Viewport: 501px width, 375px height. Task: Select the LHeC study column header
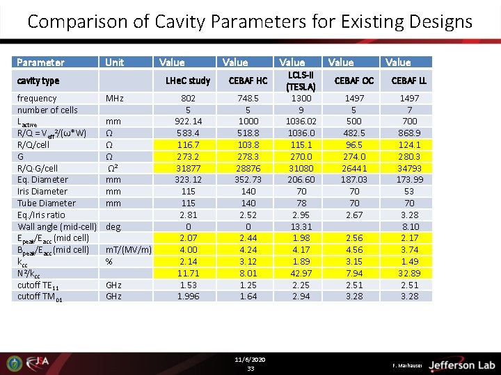188,81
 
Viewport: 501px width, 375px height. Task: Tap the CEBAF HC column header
248,81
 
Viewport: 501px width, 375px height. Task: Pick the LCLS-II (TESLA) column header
301,81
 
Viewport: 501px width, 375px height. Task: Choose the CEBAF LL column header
408,81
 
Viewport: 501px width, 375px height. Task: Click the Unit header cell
114,62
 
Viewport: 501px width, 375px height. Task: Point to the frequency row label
37,99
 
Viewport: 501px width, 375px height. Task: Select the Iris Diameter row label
42,191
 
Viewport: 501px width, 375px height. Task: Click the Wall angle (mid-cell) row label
57,226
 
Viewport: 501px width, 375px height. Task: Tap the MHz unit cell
116,99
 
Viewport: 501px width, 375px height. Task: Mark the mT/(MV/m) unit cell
128,250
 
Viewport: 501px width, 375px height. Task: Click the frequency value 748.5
248,99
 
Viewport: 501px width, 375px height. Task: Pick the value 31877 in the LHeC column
188,168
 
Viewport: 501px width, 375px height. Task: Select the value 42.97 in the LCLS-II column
301,273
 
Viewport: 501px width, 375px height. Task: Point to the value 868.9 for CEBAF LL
408,133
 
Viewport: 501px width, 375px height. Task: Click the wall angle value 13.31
301,226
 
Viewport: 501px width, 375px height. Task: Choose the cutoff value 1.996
188,297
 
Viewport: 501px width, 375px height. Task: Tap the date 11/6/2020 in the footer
250,360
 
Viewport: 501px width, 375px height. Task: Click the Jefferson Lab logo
461,365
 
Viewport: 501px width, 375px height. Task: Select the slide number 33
250,368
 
